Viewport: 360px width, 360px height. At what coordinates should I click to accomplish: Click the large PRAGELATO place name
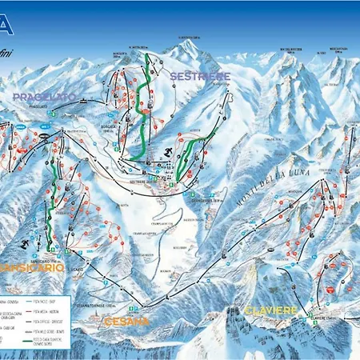pyautogui.click(x=44, y=96)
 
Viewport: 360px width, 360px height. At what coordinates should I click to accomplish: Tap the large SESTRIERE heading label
pyautogui.click(x=200, y=76)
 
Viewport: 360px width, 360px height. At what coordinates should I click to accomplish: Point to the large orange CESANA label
pyautogui.click(x=126, y=321)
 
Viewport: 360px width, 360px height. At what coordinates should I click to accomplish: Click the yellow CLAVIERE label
pyautogui.click(x=271, y=310)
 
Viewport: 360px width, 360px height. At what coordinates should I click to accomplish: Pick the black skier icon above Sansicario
pyautogui.click(x=27, y=242)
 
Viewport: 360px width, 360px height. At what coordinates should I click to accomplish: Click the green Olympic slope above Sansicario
pyautogui.click(x=53, y=204)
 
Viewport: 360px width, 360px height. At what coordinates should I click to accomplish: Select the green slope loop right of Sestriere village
pyautogui.click(x=189, y=156)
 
